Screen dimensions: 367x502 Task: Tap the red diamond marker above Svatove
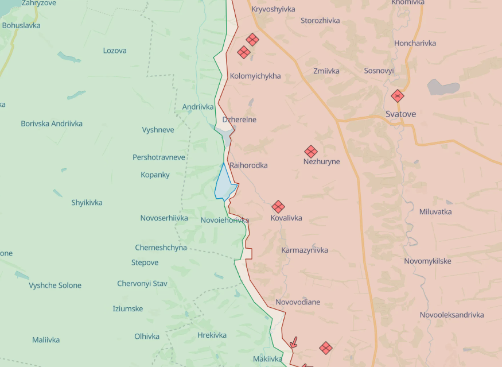click(398, 96)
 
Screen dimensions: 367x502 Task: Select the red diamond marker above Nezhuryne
click(311, 152)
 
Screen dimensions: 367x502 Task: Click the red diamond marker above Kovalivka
click(278, 207)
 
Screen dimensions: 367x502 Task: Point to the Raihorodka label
click(248, 165)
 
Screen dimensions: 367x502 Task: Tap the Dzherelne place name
click(239, 119)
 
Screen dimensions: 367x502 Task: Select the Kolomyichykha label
click(255, 76)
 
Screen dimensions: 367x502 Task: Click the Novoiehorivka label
click(225, 221)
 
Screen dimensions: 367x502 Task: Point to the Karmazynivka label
click(305, 250)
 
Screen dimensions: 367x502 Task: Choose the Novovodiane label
click(298, 302)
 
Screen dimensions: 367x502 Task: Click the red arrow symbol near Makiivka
click(294, 343)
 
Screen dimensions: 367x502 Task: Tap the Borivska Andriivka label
click(52, 123)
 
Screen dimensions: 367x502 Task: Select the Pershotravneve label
click(159, 157)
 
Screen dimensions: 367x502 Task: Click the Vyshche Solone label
click(55, 285)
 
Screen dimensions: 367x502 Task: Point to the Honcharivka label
click(415, 43)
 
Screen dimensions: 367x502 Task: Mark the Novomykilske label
click(427, 261)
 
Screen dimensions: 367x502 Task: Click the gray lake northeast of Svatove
click(443, 87)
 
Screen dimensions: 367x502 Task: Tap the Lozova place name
click(115, 51)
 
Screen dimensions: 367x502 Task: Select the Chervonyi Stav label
click(142, 284)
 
